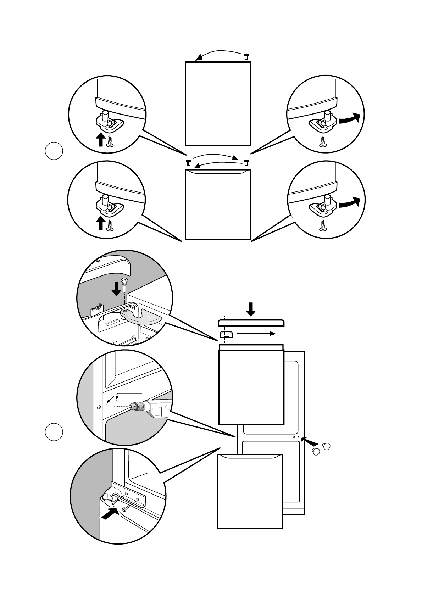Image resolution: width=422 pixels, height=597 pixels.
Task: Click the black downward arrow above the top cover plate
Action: pyautogui.click(x=251, y=309)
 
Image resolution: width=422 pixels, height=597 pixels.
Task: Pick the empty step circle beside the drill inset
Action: pyautogui.click(x=54, y=432)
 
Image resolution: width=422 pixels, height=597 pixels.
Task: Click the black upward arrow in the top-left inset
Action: pyautogui.click(x=100, y=139)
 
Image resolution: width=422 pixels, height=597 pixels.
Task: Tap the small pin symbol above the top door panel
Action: pyautogui.click(x=246, y=57)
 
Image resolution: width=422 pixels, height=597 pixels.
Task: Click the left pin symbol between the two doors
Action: pyautogui.click(x=189, y=163)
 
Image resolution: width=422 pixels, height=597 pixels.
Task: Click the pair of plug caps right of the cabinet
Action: pyautogui.click(x=321, y=448)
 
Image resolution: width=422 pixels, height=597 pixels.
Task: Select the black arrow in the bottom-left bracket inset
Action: pyautogui.click(x=110, y=513)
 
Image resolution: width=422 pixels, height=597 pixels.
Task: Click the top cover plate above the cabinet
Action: pyautogui.click(x=251, y=322)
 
